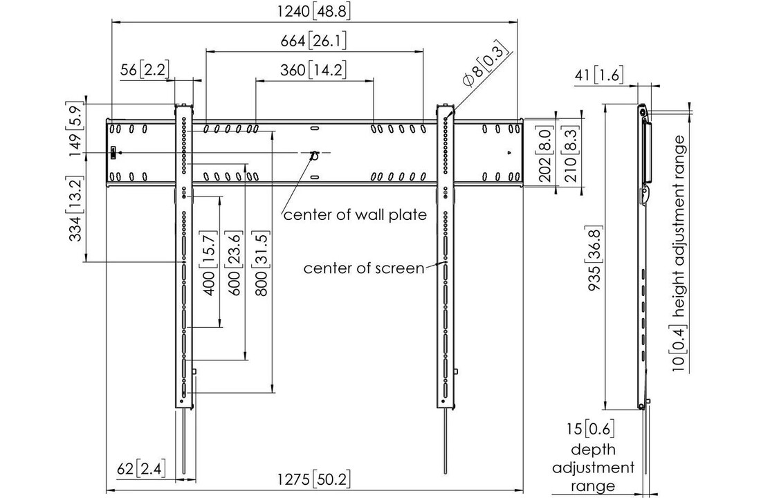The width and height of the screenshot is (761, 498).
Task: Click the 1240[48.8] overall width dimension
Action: (x=314, y=11)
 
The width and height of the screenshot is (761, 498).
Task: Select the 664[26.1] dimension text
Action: (x=313, y=41)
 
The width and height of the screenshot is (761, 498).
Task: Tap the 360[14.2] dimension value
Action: (x=313, y=70)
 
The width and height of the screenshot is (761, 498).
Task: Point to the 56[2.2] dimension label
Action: (x=145, y=70)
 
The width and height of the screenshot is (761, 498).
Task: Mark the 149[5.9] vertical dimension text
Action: (x=76, y=129)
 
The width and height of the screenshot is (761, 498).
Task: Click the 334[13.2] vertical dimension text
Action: (x=76, y=209)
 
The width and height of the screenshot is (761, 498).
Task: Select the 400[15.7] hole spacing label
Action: (x=208, y=264)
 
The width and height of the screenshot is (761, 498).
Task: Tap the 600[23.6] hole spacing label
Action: (x=233, y=264)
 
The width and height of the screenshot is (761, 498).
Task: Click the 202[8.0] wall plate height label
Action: (x=547, y=154)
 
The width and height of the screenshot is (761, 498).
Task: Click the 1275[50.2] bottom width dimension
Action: (x=314, y=480)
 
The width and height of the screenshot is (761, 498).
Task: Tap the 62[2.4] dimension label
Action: (x=141, y=469)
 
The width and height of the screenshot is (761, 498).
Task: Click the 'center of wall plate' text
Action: (x=356, y=214)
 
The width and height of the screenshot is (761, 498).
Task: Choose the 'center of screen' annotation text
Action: (x=364, y=268)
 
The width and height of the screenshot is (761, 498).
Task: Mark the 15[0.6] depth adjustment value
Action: (x=591, y=429)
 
